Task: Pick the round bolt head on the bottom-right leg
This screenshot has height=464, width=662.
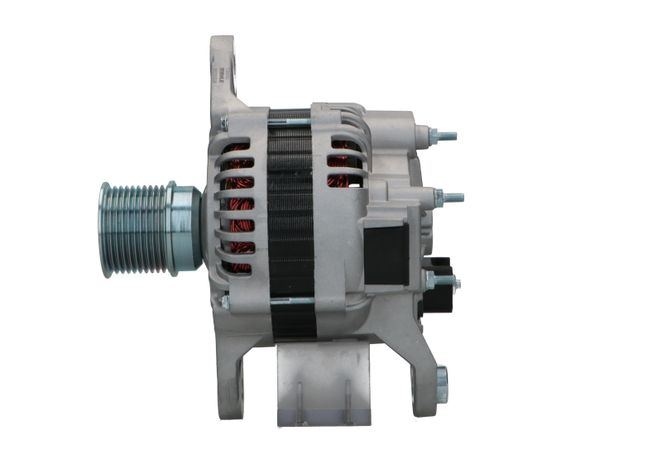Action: pyautogui.click(x=441, y=380)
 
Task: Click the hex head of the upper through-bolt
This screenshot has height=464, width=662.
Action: pyautogui.click(x=223, y=123)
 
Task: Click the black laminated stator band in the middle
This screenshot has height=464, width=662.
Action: pyautogui.click(x=290, y=215)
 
